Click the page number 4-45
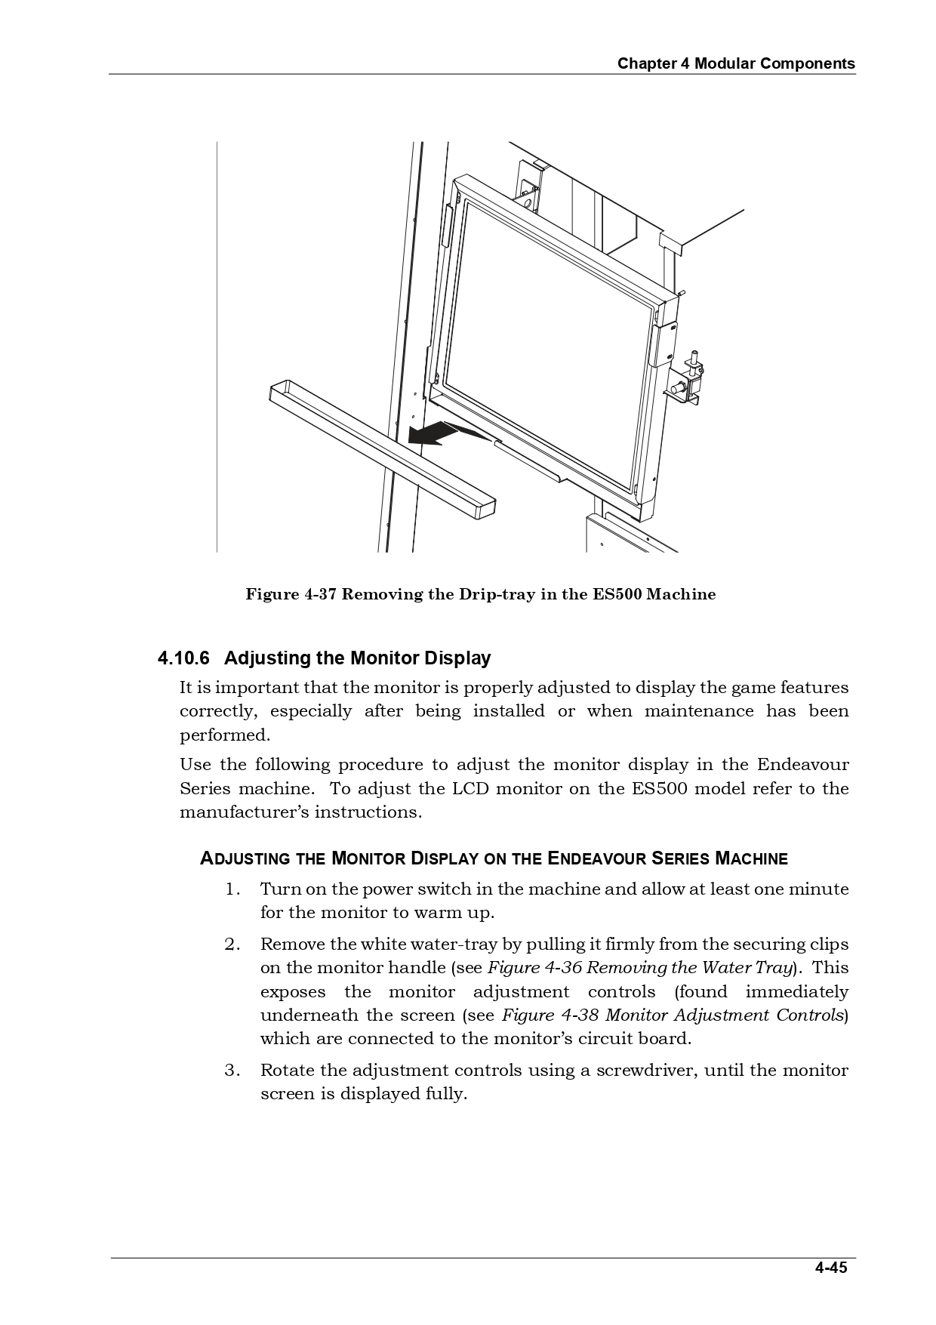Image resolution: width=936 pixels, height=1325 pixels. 830,1268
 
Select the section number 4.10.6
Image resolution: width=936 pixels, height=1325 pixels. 183,658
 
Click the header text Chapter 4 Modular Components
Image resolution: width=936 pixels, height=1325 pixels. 736,63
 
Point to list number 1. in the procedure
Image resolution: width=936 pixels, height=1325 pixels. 232,889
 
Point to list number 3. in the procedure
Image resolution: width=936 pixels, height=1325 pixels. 232,1070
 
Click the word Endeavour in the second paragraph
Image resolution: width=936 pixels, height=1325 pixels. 802,764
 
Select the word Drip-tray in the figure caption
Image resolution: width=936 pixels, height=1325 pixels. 497,594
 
